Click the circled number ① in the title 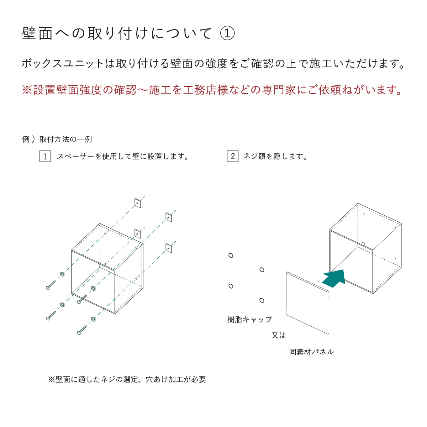coord(227,33)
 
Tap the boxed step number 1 coord(45,156)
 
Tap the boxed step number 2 coord(232,156)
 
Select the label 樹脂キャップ coord(249,320)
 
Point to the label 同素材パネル coord(311,352)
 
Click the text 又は coord(279,335)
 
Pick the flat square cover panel coord(307,303)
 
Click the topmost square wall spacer coord(138,203)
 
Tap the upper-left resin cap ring coord(231,255)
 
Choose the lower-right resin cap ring coord(262,301)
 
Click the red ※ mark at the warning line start coord(27,90)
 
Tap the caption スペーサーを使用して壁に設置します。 coord(123,156)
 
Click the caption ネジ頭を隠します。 coord(276,156)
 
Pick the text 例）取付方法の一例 coord(57,139)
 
